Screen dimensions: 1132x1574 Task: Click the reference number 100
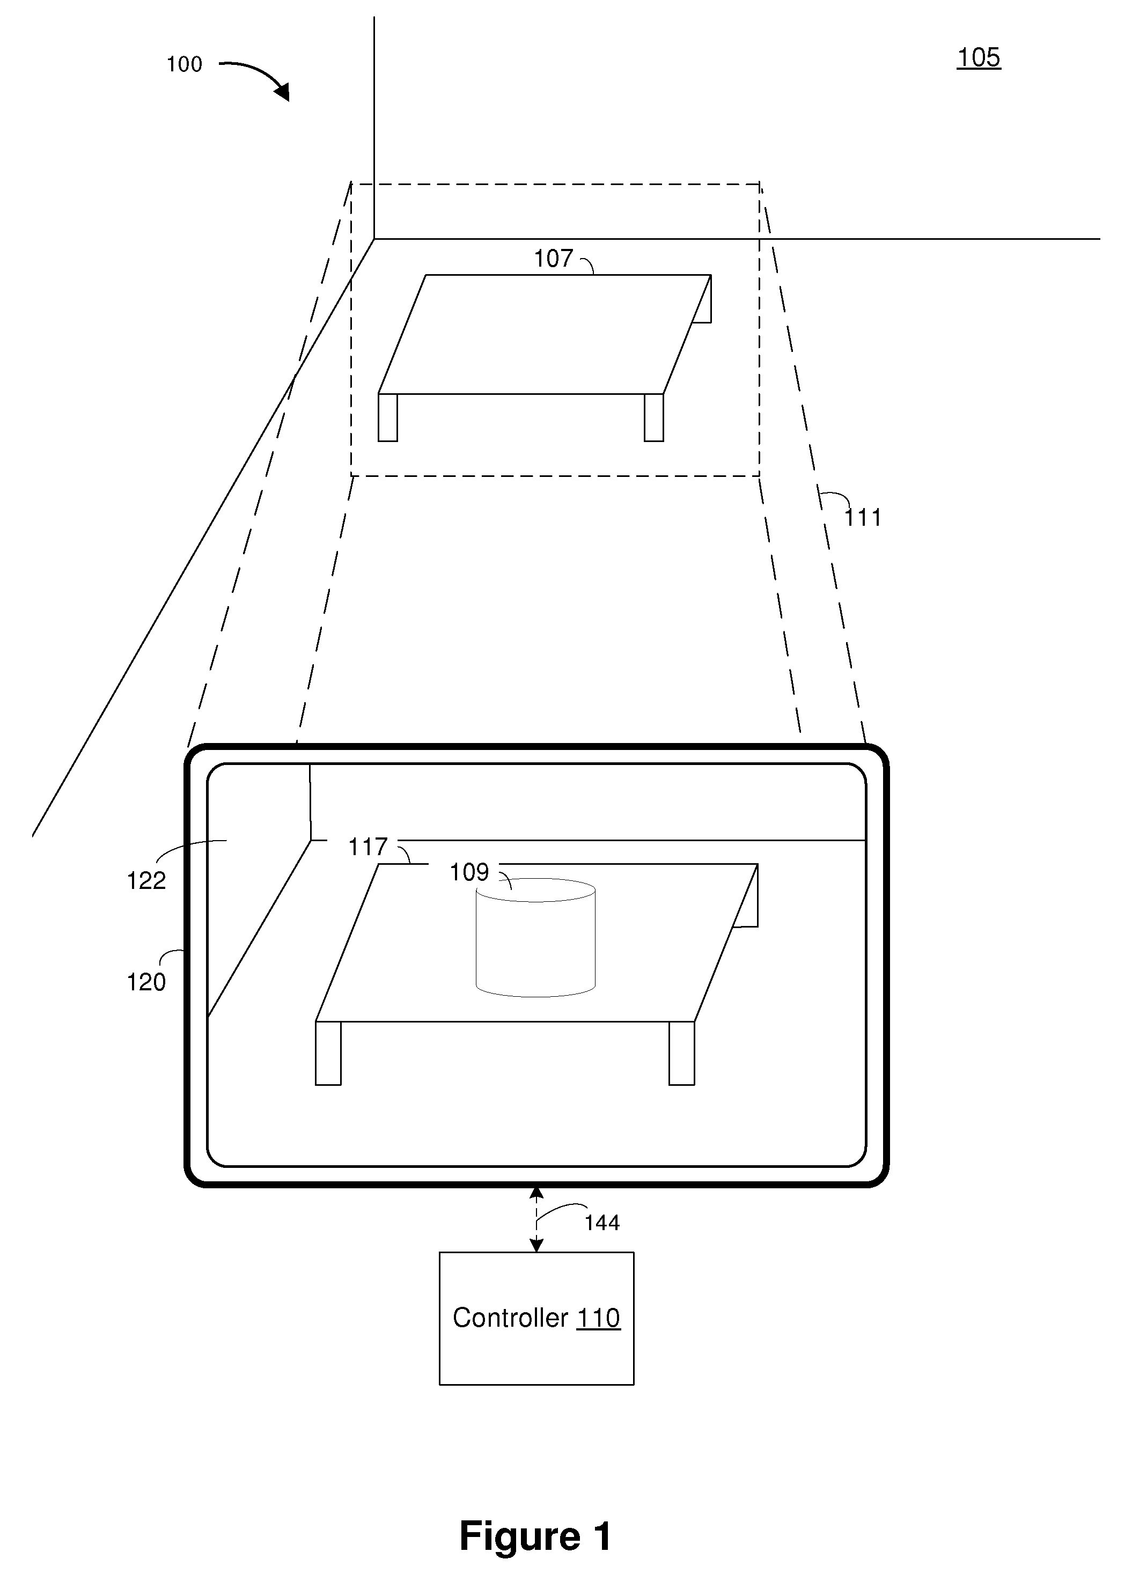[x=184, y=64]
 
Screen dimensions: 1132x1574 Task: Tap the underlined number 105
[x=979, y=57]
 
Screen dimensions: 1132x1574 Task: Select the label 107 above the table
[x=553, y=259]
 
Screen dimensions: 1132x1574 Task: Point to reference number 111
[x=863, y=518]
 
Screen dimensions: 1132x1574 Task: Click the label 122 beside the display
[x=146, y=881]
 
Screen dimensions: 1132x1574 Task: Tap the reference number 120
[x=146, y=982]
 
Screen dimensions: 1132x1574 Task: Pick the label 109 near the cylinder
[x=469, y=872]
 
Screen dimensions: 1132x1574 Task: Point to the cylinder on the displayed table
[x=535, y=938]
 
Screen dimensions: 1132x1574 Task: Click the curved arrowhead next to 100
[x=281, y=91]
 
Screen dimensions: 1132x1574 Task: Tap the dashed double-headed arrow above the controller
[x=536, y=1219]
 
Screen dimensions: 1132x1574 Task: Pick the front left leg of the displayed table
[x=328, y=1053]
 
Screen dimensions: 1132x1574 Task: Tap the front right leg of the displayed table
[x=681, y=1053]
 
